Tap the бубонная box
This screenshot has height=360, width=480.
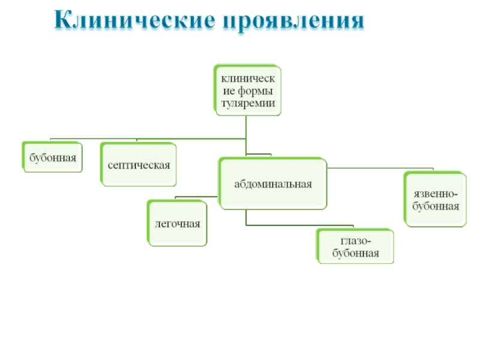pos(53,157)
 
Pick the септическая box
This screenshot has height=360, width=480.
pos(139,164)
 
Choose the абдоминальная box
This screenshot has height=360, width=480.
pos(273,184)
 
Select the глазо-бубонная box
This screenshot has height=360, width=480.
pos(356,246)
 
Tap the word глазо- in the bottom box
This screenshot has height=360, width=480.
pos(356,241)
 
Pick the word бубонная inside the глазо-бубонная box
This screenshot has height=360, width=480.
pos(356,253)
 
